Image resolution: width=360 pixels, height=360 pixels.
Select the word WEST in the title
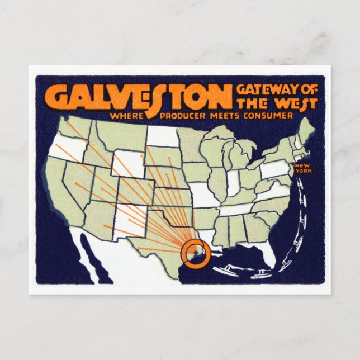tap(297, 103)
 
